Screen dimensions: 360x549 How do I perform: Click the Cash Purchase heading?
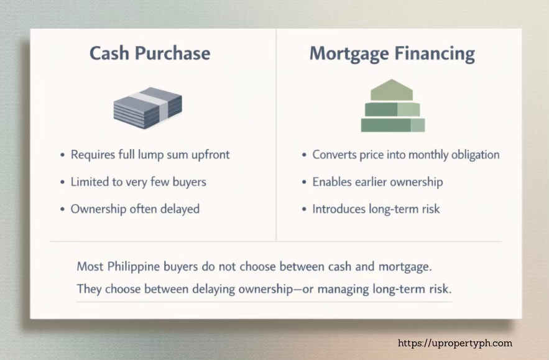click(150, 53)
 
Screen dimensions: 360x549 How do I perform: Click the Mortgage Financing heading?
click(392, 53)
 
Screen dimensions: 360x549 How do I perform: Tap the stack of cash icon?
click(148, 106)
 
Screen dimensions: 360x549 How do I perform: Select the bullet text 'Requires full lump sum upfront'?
click(150, 154)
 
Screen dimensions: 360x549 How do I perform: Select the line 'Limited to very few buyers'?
click(138, 182)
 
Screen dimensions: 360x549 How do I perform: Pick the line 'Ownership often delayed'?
click(135, 209)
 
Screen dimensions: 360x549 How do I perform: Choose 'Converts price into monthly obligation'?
click(406, 154)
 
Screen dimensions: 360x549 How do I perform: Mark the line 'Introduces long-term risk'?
click(376, 209)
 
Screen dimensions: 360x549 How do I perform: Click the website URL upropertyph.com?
click(454, 343)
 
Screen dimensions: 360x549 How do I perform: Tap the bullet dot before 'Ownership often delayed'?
click(63, 210)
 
